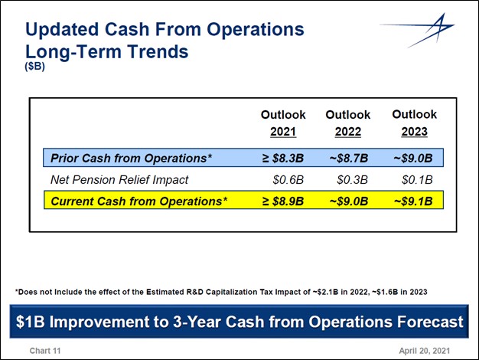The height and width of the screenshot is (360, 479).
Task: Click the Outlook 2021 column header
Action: click(x=283, y=123)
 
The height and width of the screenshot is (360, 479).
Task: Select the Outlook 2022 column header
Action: click(x=347, y=123)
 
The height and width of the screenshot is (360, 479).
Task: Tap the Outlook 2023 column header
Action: click(x=414, y=123)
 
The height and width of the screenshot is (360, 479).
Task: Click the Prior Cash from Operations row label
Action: click(x=131, y=159)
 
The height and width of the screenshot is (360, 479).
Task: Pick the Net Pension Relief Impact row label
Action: click(x=119, y=180)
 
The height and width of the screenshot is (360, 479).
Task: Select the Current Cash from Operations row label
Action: click(x=138, y=201)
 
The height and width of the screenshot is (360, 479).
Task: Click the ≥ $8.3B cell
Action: click(x=283, y=159)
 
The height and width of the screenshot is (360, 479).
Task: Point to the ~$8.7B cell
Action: click(x=348, y=159)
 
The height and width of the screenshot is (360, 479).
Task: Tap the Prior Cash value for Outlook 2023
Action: click(x=413, y=159)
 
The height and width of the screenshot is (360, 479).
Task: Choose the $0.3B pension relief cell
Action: click(x=353, y=180)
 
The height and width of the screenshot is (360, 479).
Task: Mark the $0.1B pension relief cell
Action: click(x=418, y=180)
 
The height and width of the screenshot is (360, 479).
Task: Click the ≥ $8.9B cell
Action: click(x=283, y=201)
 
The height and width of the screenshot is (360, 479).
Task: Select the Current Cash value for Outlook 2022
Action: click(x=348, y=201)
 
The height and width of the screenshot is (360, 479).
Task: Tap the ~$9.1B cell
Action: click(x=413, y=201)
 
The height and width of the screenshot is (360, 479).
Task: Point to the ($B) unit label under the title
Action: click(x=35, y=67)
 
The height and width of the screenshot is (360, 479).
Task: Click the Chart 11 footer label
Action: click(x=45, y=350)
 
